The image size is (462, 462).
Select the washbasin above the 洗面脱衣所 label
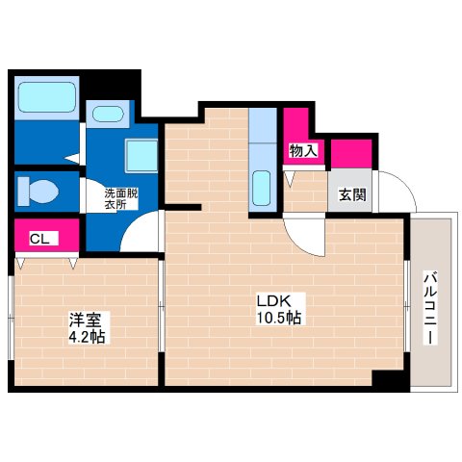(106, 114)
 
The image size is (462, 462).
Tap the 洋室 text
(83, 320)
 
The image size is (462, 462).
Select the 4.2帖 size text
(87, 337)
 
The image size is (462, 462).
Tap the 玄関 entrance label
(351, 193)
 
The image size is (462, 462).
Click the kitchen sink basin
(263, 185)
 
